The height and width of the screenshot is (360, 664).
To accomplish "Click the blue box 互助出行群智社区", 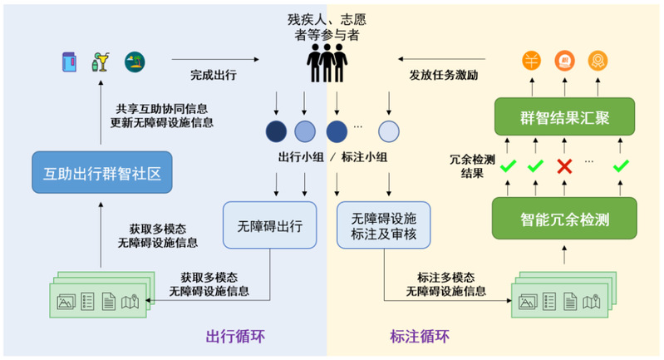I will pos(101,175).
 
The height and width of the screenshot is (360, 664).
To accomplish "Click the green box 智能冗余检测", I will pos(565,220).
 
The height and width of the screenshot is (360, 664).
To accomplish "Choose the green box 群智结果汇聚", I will pos(565,118).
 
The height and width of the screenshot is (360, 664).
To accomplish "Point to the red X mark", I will pos(565,167).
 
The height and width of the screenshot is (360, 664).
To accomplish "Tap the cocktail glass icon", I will pos(101,62).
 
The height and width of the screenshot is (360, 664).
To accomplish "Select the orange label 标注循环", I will pos(420,337).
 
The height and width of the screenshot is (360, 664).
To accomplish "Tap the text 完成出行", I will pos(213,75).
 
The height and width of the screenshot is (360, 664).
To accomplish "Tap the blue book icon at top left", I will pos(69,62).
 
